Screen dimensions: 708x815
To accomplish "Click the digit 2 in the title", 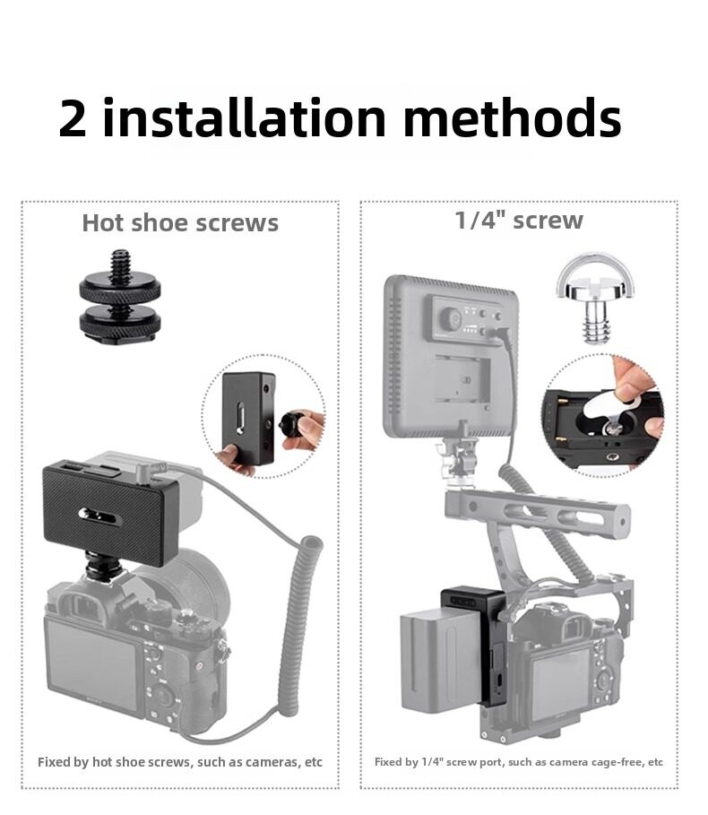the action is pos(72,118).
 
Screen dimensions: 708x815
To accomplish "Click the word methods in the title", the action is pos(512,117).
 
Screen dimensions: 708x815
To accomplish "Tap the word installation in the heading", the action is pos(244,117).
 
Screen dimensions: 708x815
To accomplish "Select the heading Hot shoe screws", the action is pos(180,223).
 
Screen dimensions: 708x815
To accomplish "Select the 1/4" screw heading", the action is pos(518,220).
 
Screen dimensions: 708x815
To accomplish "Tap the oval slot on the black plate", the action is pos(100,516).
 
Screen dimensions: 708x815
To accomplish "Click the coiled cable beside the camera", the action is pos(298,624).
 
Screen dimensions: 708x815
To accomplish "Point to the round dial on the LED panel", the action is pos(451,318).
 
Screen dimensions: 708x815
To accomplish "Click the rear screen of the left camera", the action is pos(91,665).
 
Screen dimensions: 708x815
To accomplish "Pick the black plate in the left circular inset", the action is pos(247,418).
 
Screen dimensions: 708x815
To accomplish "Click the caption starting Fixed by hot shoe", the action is pos(180,762).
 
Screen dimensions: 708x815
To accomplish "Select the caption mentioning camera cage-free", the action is pos(518,762).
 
